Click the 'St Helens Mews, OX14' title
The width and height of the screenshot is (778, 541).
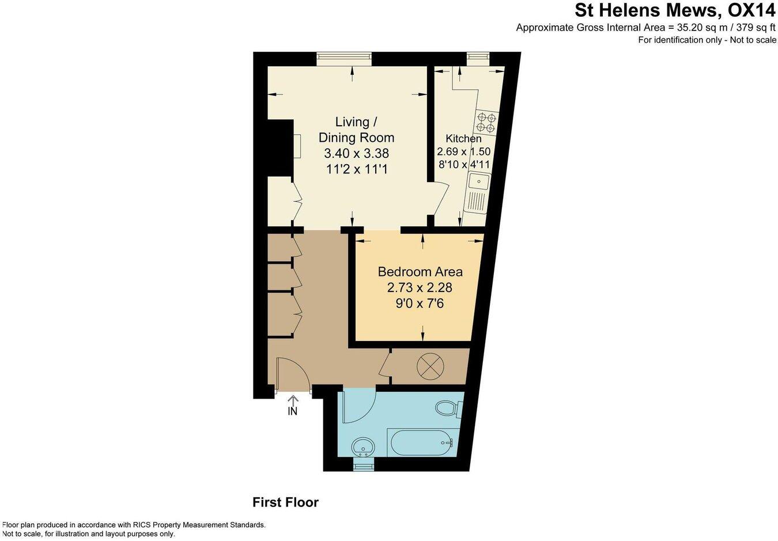coord(675,10)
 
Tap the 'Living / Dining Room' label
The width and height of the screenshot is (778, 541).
coord(356,130)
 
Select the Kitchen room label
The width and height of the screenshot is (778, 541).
coord(463,138)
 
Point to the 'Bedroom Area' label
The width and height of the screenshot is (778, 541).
coord(420,271)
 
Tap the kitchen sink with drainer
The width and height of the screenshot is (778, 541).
coord(478,193)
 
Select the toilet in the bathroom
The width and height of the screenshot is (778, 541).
coord(448,408)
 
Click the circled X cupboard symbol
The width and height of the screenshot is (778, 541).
coord(430,366)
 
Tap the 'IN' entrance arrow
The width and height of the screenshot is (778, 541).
coord(293,406)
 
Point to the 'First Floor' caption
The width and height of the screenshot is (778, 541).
coord(285,502)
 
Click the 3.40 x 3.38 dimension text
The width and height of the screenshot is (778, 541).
coord(356,154)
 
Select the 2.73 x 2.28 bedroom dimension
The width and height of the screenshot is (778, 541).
coord(420,287)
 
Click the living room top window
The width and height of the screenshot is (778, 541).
coord(343,57)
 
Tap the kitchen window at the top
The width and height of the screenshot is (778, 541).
coord(477,56)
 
